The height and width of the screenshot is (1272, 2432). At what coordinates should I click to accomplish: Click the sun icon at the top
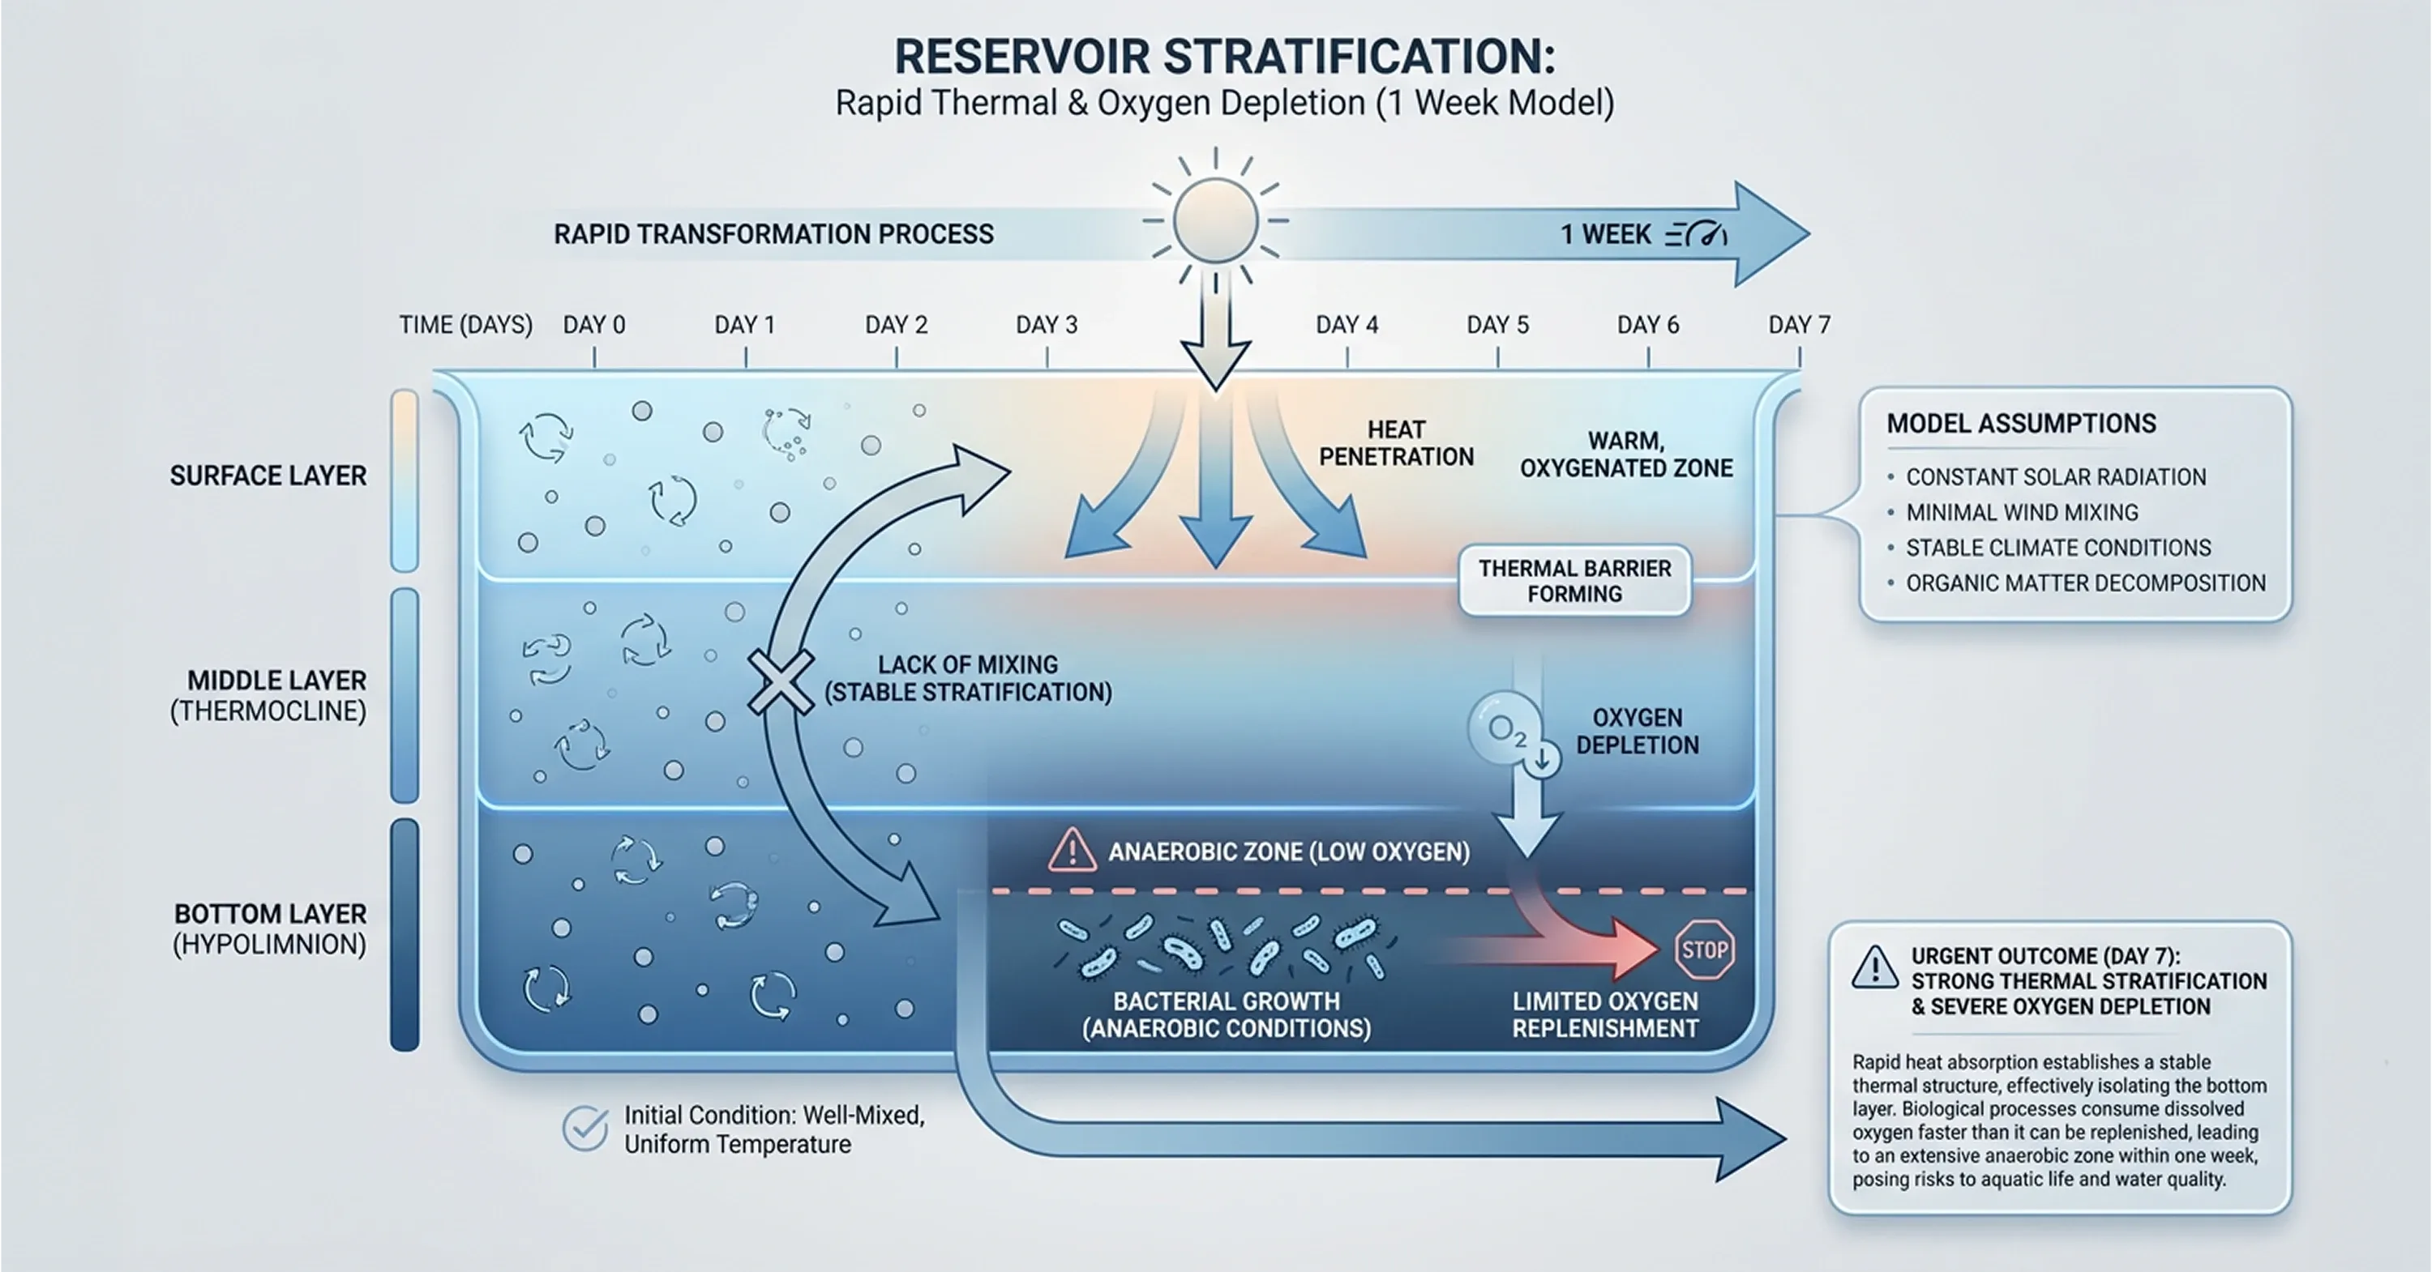click(1215, 222)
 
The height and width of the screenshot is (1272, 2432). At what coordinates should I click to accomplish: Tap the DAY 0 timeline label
click(594, 326)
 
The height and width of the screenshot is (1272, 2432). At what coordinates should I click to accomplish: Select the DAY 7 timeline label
click(1799, 326)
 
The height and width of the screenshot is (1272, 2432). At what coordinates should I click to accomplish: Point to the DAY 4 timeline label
click(1347, 326)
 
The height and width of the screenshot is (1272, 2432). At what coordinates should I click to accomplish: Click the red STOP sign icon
click(1704, 950)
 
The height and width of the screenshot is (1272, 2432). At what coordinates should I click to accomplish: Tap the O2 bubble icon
click(1505, 729)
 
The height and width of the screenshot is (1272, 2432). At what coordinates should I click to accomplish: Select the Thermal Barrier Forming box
click(1574, 581)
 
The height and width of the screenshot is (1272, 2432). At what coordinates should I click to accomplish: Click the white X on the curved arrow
click(780, 681)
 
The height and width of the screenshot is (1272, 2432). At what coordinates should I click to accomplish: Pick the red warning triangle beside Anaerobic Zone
click(1072, 850)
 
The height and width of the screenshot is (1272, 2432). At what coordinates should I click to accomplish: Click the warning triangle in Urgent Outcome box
click(1875, 968)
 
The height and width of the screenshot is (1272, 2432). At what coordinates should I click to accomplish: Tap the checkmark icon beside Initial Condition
click(585, 1129)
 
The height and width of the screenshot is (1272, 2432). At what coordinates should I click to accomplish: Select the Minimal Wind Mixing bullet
click(2021, 512)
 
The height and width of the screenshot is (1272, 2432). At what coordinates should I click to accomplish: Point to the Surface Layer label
click(268, 476)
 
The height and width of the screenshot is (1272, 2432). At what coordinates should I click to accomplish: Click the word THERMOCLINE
click(268, 711)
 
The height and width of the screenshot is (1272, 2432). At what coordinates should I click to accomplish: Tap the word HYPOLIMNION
click(269, 945)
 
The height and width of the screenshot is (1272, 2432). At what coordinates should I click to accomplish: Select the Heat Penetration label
click(1395, 443)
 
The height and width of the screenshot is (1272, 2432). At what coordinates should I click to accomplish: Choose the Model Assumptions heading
click(2021, 424)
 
